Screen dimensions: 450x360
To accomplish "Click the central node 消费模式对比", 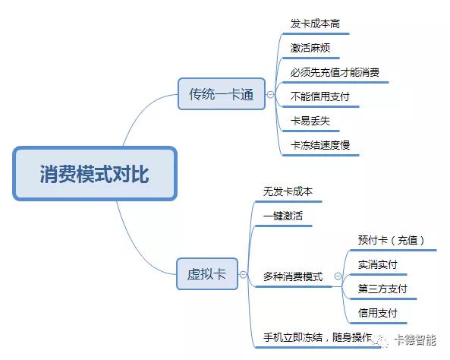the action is (95, 173).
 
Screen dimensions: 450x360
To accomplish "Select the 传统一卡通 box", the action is (222, 94).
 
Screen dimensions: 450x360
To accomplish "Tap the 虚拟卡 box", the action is (207, 274).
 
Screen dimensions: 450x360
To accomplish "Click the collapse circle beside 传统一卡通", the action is (270, 94).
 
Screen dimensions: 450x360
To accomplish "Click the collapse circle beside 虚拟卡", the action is (243, 274).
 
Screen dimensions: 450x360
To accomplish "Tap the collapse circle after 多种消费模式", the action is (338, 276).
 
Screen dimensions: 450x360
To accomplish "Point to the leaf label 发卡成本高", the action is (315, 24).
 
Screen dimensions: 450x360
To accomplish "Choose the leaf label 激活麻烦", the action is (310, 48).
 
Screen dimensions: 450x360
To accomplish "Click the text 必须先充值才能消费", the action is (335, 72).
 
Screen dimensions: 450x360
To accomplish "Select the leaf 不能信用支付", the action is (319, 96).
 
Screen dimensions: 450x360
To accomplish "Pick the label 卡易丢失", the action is (310, 121).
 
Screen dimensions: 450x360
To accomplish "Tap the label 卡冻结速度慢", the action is (319, 145).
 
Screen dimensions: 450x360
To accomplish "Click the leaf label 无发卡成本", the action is (288, 191).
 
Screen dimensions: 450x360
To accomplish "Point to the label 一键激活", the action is (283, 216).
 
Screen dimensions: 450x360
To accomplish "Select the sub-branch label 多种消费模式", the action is (293, 276).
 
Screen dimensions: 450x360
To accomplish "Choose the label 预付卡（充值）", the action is (392, 240).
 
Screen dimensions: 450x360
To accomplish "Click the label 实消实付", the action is (377, 264).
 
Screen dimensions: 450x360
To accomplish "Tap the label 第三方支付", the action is (382, 289).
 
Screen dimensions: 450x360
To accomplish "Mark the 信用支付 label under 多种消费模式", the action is (377, 313).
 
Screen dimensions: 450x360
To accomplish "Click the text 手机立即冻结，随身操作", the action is (317, 337).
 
